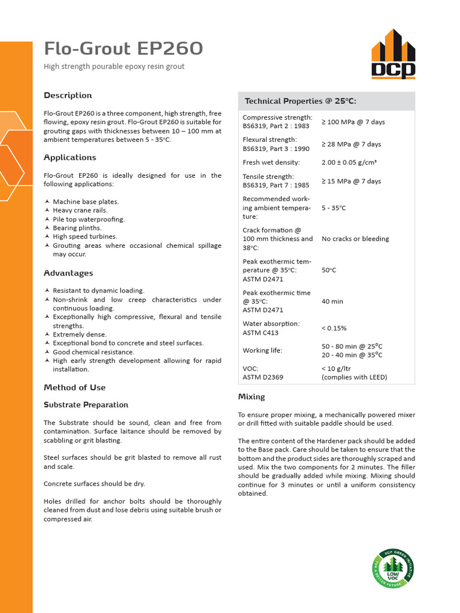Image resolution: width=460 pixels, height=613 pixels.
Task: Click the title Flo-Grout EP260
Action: point(123,48)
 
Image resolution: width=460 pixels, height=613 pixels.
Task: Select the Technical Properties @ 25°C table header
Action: point(301,101)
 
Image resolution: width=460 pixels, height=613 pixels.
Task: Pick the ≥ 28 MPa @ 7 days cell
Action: point(351,144)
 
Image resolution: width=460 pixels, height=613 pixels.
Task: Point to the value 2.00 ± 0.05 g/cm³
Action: point(349,162)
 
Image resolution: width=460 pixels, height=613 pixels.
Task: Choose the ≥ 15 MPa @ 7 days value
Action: point(351,181)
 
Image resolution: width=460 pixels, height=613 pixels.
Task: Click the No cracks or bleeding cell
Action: point(355,239)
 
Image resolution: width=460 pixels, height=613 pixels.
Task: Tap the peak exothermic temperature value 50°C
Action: point(329,270)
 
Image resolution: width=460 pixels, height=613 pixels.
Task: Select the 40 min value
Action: point(332,302)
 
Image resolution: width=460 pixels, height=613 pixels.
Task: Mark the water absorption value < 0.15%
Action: point(334,328)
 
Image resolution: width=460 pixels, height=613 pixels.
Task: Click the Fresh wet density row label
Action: point(271,162)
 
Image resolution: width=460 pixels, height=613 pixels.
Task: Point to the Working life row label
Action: point(262,350)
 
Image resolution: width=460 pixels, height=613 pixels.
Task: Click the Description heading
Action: point(68,95)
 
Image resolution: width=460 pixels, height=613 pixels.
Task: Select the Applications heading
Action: point(69,157)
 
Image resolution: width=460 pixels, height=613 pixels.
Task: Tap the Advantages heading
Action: point(68,273)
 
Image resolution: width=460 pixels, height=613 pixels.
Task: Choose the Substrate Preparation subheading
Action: point(86,405)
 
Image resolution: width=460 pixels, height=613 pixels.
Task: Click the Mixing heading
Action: point(252,396)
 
